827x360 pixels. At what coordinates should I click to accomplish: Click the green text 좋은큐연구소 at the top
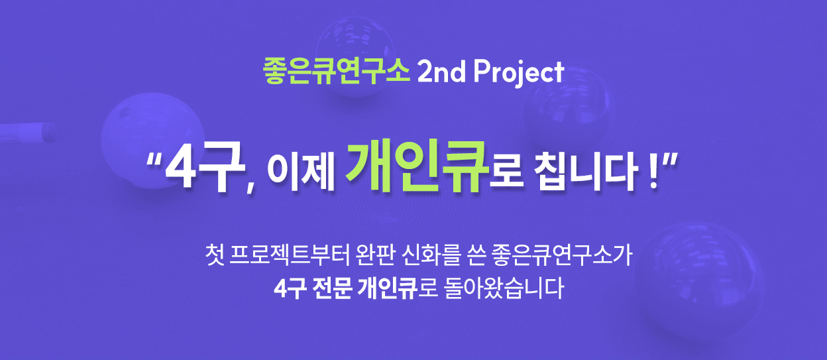point(337,72)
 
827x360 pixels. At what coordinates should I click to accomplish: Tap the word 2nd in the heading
point(441,72)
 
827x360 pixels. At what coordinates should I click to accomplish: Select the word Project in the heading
point(519,74)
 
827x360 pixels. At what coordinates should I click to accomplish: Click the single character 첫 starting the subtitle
point(215,255)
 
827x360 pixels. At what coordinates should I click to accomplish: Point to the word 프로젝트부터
point(290,255)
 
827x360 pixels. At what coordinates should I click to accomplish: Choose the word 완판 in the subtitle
point(376,255)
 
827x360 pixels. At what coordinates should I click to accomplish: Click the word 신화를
point(431,255)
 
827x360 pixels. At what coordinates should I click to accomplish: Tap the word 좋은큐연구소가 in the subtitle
point(563,255)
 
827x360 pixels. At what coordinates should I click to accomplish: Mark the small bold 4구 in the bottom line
point(290,288)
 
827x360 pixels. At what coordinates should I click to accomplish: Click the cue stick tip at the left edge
point(50,132)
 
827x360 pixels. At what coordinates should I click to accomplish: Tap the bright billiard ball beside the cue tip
point(152,141)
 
